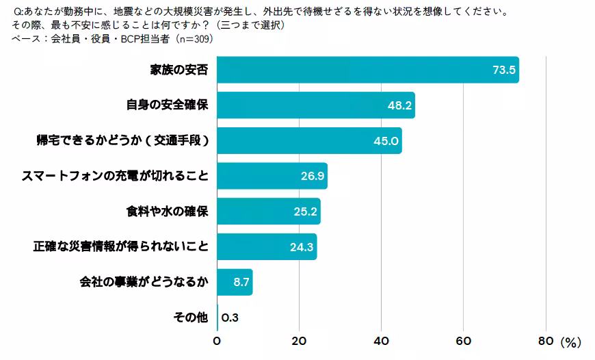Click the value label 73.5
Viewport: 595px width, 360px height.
point(504,70)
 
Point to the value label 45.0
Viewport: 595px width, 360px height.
point(386,141)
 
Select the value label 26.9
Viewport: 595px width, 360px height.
point(312,177)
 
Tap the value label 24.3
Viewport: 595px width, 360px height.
point(302,247)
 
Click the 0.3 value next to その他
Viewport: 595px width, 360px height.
point(230,318)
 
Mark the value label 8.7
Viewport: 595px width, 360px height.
point(242,282)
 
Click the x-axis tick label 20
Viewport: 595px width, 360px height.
point(300,341)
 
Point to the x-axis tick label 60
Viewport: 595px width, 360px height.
point(464,341)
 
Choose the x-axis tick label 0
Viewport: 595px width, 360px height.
point(217,341)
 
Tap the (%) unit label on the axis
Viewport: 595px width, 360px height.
point(570,342)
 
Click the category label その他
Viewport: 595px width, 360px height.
point(191,318)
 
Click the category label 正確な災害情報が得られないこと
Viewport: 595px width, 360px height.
point(120,247)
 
